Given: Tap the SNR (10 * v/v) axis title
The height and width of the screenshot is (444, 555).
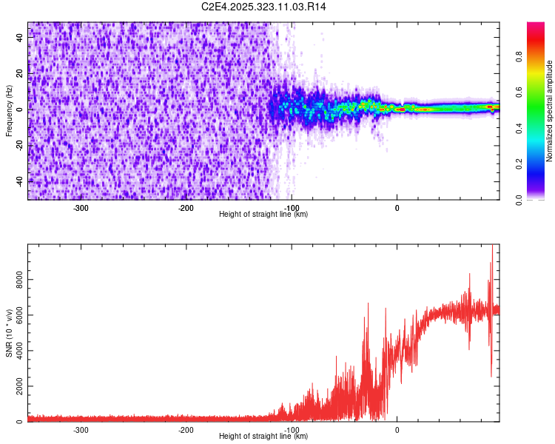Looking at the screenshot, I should click(9, 332).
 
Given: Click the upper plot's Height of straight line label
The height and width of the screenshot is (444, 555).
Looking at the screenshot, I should click(263, 214).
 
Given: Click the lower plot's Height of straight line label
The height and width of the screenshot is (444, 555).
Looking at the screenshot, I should click(263, 436).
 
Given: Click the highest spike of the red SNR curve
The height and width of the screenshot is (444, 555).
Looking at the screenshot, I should click(492, 246).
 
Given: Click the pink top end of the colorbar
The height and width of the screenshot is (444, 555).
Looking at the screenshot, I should click(535, 25).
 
